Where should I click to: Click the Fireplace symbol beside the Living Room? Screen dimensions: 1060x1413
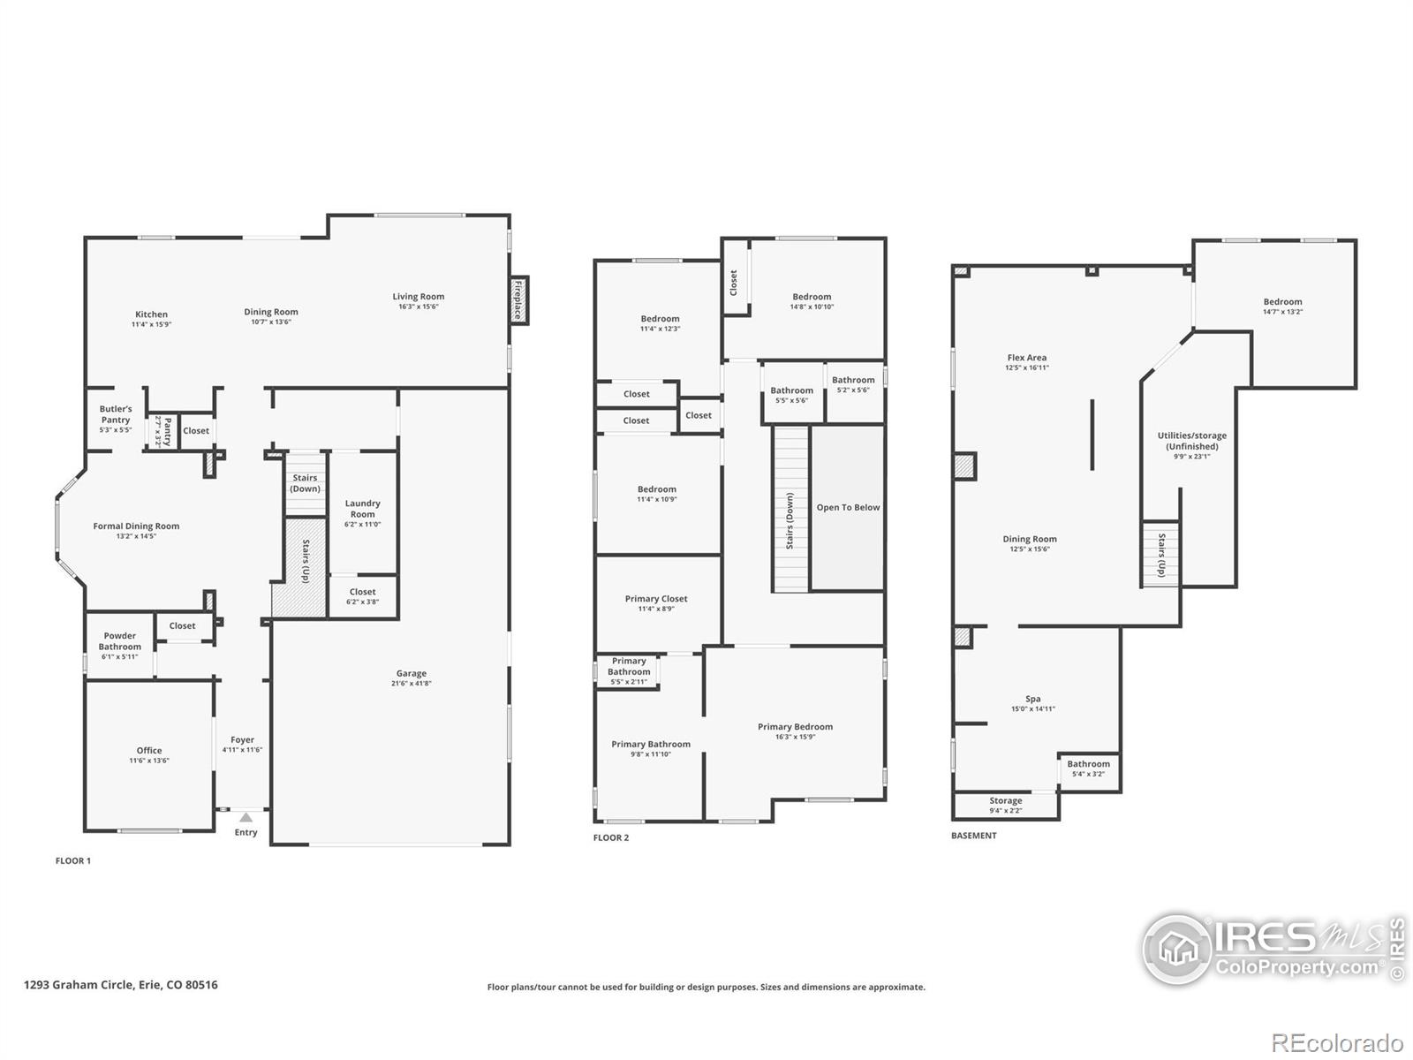tap(518, 300)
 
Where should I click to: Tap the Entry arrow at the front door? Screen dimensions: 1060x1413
tap(246, 818)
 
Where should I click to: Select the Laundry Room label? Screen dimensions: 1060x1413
tap(362, 509)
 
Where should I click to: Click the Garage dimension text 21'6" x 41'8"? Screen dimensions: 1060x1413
tap(412, 684)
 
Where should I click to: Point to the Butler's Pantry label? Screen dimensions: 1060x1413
tap(116, 414)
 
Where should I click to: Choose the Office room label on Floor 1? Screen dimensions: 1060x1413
tap(149, 751)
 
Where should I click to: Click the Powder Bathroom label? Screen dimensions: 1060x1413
tap(120, 641)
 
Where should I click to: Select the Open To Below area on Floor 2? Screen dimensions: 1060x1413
tap(848, 508)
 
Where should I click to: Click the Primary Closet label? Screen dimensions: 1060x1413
tap(656, 599)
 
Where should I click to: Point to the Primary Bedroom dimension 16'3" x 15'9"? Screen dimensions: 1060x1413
tap(795, 737)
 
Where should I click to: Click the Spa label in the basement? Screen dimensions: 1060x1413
tap(1032, 699)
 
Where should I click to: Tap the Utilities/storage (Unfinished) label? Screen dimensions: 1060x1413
tap(1192, 441)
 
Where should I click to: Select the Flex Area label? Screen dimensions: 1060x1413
tap(1026, 358)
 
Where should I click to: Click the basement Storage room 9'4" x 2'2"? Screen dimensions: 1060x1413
tap(1005, 805)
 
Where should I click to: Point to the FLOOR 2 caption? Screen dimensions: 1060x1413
tap(611, 837)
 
